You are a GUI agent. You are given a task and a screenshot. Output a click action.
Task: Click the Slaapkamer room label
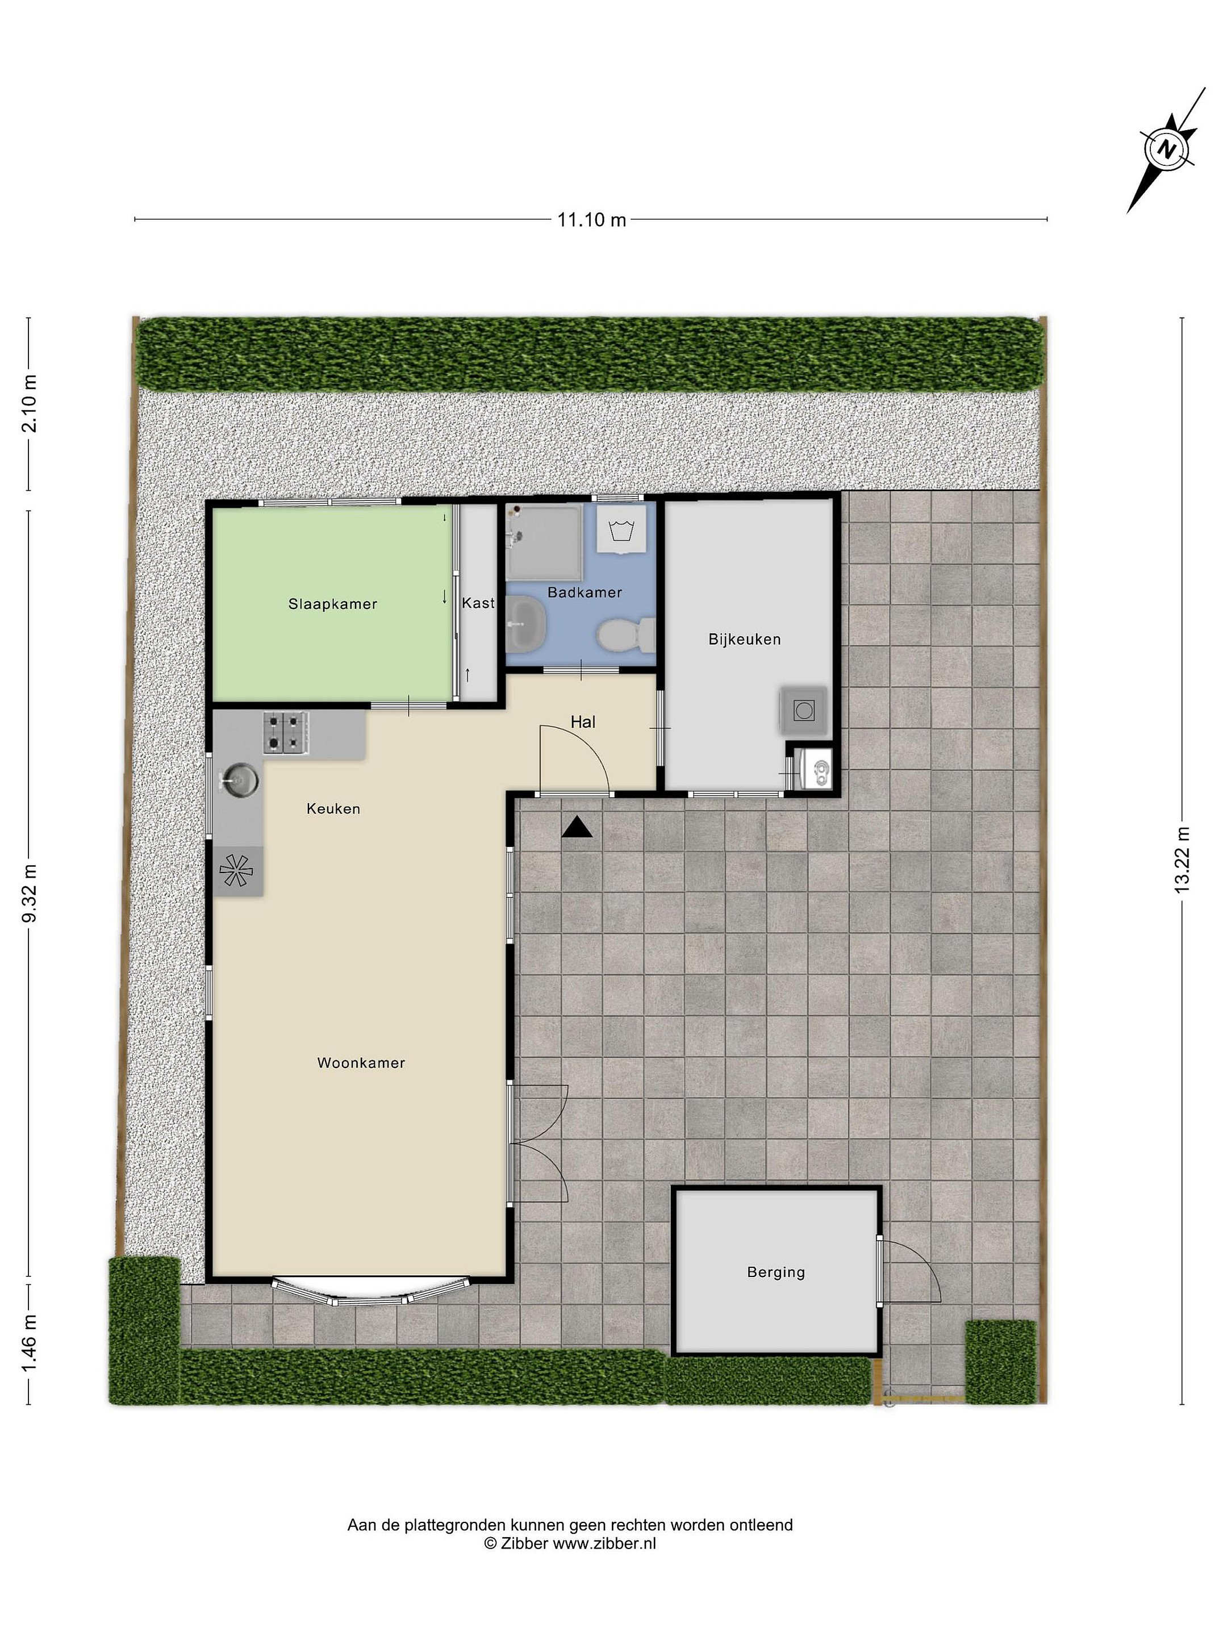333,604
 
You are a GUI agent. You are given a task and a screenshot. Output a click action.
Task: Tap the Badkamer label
585,592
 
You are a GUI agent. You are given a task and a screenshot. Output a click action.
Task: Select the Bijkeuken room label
744,639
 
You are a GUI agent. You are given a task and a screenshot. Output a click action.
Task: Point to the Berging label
776,1272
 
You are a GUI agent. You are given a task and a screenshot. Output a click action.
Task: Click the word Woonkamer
361,1063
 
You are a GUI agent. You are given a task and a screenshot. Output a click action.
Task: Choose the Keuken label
333,809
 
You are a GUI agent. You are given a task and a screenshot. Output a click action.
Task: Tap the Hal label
583,722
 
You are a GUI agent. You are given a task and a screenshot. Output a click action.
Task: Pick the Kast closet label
478,603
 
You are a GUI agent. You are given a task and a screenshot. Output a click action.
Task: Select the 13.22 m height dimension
1183,859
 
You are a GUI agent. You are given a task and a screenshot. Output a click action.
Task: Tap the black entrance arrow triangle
577,828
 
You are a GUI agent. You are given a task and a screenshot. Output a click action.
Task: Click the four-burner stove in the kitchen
286,733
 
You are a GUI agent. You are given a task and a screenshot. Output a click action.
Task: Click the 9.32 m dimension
29,894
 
